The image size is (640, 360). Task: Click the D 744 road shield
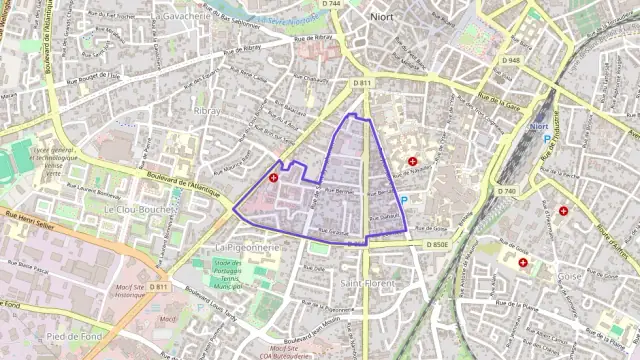pyautogui.click(x=332, y=4)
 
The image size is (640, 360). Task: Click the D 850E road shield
pyautogui.click(x=437, y=244)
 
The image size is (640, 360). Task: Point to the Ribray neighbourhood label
pyautogui.click(x=208, y=111)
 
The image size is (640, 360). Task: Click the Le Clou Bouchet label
pyautogui.click(x=141, y=211)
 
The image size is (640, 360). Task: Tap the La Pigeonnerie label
pyautogui.click(x=247, y=247)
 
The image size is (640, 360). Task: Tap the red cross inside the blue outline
pyautogui.click(x=274, y=177)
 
